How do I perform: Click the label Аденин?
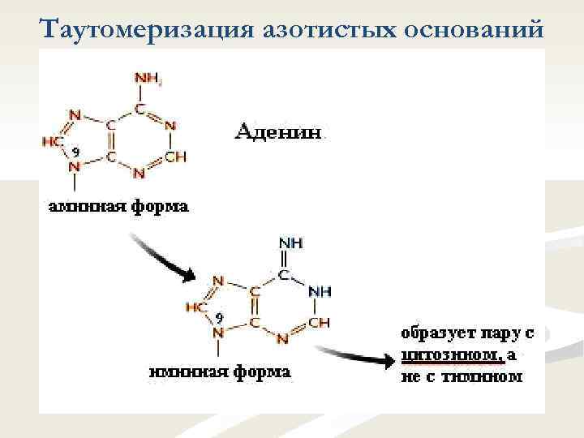point(280,131)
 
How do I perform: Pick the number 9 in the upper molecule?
point(75,152)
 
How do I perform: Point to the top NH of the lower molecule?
point(290,243)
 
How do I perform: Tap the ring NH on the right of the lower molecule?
point(320,290)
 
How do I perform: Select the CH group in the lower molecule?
point(320,322)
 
